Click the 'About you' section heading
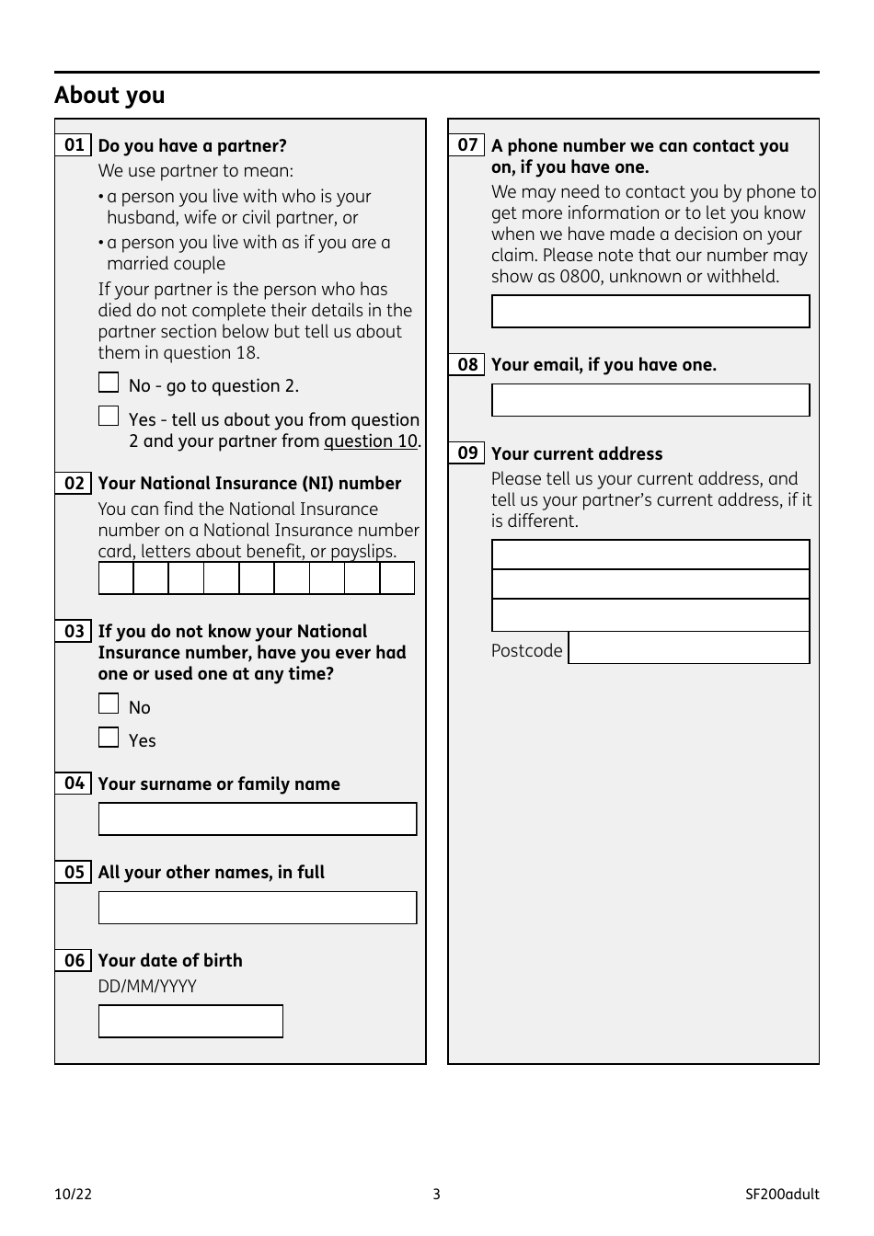click(109, 96)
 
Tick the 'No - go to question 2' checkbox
click(109, 383)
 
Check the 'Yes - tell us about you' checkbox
click(109, 417)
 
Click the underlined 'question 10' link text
click(371, 441)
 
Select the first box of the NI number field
click(116, 578)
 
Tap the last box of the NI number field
click(397, 578)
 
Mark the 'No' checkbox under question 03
click(109, 704)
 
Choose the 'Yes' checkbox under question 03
click(109, 738)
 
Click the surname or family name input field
click(258, 819)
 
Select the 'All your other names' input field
click(258, 908)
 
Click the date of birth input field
click(190, 1022)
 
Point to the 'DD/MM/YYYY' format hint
click(147, 987)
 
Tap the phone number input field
click(650, 312)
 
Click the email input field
click(650, 400)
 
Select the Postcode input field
click(689, 648)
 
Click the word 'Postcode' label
click(526, 651)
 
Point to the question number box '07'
click(467, 145)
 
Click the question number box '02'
click(74, 484)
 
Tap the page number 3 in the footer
click(437, 1195)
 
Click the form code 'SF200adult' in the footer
click(782, 1195)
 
